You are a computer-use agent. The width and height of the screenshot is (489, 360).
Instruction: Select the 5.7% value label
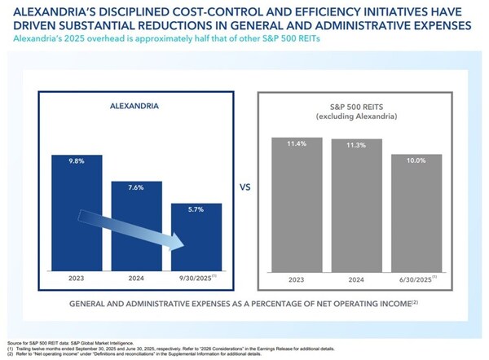pos(196,210)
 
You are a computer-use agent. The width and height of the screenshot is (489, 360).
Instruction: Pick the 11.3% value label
pos(355,146)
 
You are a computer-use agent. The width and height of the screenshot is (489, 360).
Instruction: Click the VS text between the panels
pos(244,186)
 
